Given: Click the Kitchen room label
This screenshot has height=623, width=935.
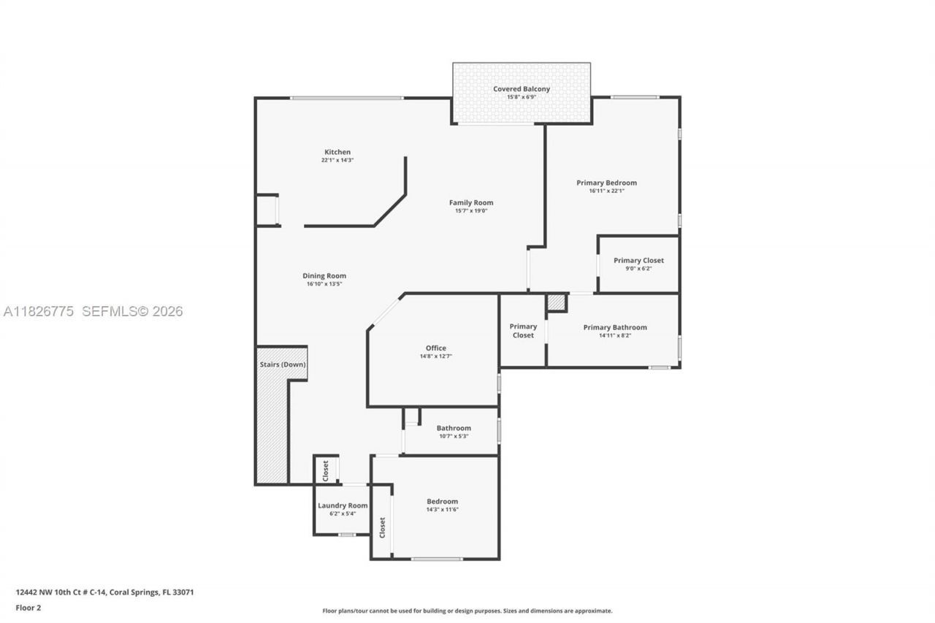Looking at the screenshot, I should [337, 152].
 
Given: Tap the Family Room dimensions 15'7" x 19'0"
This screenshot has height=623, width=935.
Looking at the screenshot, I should [470, 211].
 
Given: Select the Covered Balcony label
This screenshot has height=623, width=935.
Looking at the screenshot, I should [521, 89].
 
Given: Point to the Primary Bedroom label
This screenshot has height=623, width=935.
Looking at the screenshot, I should [606, 183].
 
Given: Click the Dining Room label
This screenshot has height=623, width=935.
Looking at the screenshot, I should [324, 276].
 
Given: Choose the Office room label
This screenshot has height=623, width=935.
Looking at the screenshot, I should [436, 348].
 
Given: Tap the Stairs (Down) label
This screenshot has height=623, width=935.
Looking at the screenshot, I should [283, 364].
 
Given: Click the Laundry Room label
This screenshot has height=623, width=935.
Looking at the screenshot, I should [343, 505].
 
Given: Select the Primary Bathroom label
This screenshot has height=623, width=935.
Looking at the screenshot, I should [614, 327].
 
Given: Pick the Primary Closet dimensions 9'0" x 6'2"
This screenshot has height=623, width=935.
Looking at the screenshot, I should [638, 269].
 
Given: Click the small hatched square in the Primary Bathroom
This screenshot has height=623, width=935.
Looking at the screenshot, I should [557, 302].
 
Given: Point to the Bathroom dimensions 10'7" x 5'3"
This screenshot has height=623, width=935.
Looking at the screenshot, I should [454, 436].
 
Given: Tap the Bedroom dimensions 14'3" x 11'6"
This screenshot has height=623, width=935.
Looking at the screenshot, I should [442, 509].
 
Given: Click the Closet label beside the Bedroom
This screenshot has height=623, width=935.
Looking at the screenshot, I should [382, 527].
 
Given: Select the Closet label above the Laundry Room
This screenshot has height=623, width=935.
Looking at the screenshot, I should [326, 470].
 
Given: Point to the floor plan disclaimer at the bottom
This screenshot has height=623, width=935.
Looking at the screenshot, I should [467, 611].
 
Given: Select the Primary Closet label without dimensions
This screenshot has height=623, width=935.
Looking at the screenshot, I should [523, 331].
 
